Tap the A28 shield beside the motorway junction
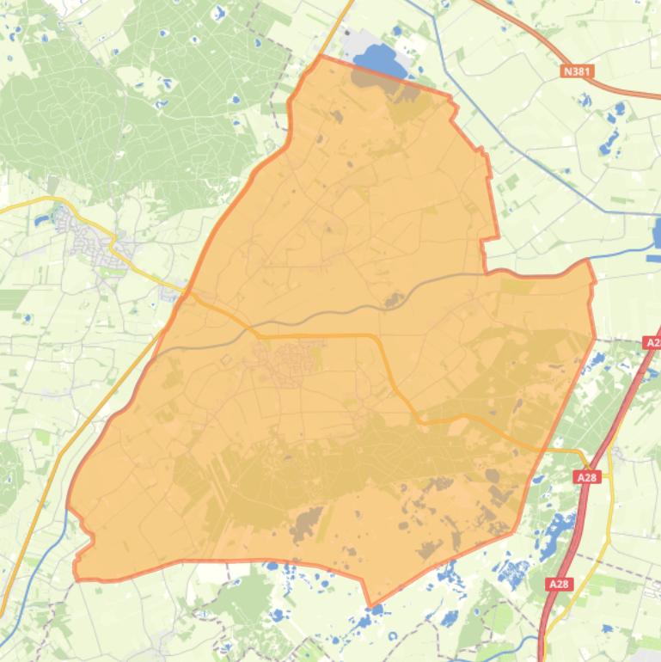point(587,477)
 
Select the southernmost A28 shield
point(559,585)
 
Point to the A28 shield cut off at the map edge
point(652,342)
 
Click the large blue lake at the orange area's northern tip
point(378,61)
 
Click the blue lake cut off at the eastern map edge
point(656,232)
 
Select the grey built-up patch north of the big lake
point(352,39)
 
